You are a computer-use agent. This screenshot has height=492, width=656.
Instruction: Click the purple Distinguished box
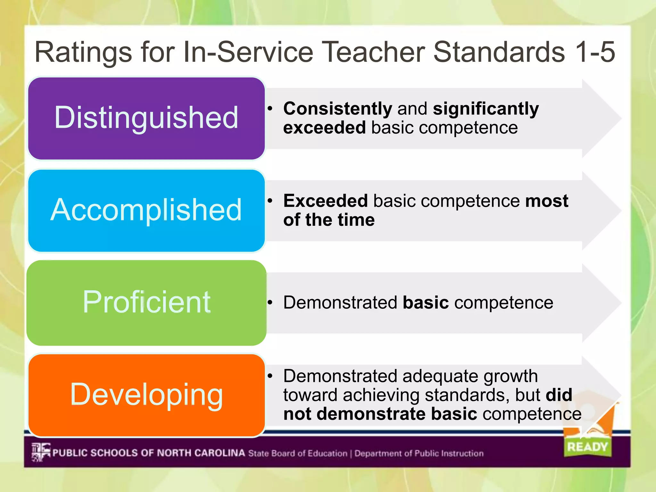(146, 118)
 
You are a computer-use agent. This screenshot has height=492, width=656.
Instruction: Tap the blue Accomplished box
(146, 210)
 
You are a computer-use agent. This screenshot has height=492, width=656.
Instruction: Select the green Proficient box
(146, 302)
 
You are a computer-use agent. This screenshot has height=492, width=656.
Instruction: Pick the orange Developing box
(146, 395)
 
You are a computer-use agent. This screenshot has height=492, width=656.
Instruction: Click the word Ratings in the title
(83, 52)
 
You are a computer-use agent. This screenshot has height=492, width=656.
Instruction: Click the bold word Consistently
(338, 109)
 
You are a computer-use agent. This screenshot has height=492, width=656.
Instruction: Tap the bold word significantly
(486, 109)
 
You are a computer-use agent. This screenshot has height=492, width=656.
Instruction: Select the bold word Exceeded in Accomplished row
(325, 201)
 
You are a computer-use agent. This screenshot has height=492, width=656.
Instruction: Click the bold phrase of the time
(329, 220)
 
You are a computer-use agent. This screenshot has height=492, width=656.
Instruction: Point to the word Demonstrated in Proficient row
(340, 302)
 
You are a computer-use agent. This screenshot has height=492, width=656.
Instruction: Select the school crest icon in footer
(41, 452)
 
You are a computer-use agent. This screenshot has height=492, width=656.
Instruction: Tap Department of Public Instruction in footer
(419, 453)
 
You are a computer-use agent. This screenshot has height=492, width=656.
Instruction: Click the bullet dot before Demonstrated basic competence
(270, 302)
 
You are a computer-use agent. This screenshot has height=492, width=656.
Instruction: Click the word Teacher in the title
(373, 52)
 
